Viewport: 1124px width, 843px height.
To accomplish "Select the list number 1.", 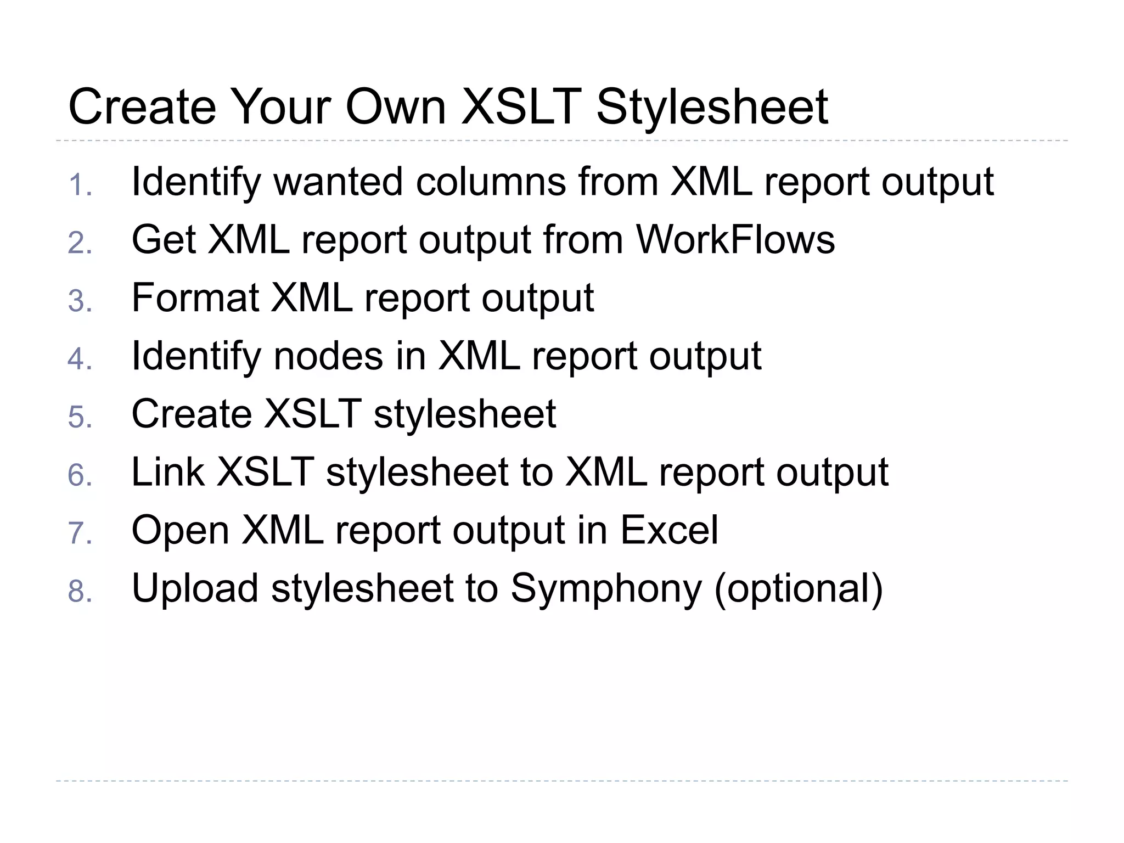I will point(80,185).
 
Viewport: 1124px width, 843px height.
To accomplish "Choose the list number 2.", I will point(80,243).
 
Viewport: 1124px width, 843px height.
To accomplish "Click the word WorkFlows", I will point(735,240).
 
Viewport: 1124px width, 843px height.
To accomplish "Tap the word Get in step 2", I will point(164,240).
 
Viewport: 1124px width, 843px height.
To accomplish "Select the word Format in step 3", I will point(195,298).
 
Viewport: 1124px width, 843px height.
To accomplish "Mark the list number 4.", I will point(80,359).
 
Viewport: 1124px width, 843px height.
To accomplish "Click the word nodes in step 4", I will point(328,356).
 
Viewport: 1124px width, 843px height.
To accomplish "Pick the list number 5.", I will point(80,418).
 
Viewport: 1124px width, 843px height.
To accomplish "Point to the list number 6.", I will point(80,476).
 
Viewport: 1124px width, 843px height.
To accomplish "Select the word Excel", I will point(669,530).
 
